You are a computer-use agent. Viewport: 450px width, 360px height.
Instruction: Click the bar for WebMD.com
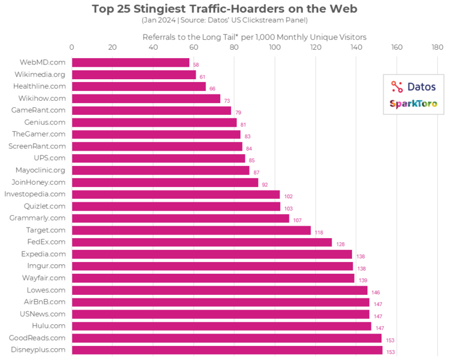pos(130,62)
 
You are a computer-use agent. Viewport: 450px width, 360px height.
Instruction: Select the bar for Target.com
pos(191,230)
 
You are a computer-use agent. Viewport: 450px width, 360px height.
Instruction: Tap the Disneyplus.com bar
pos(227,350)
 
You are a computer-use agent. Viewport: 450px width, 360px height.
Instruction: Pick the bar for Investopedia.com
pos(176,194)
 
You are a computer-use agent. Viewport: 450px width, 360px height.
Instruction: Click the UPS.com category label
pos(50,158)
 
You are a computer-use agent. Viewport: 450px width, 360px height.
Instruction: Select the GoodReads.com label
pos(37,338)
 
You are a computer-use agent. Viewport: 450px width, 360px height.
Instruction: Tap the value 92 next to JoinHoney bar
pos(265,184)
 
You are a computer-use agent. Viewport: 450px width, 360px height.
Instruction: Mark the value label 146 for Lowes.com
pos(376,292)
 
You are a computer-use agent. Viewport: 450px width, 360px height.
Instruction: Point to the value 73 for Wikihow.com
pos(227,101)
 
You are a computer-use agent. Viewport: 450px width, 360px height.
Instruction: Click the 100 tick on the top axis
pos(274,47)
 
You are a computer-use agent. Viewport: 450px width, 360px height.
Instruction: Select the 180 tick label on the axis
pos(437,47)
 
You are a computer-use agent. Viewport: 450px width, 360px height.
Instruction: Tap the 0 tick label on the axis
pos(71,47)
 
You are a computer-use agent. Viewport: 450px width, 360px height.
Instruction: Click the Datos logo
pos(414,87)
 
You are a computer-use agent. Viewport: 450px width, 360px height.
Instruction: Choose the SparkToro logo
pos(414,104)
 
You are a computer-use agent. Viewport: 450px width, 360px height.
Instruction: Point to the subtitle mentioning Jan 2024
pos(224,21)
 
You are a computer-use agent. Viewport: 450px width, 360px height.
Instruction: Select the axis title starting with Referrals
pos(254,37)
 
